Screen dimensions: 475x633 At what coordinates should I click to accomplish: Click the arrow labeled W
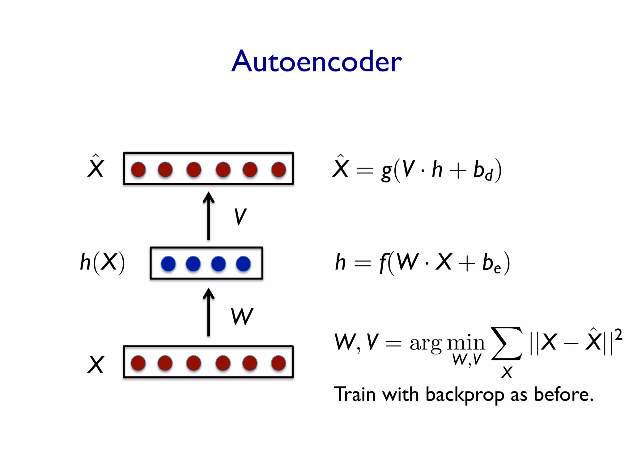click(209, 312)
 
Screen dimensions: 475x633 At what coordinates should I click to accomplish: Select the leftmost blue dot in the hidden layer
click(168, 264)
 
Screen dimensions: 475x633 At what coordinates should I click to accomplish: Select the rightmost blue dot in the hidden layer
click(243, 264)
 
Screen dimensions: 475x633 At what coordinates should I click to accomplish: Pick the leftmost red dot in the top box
click(138, 169)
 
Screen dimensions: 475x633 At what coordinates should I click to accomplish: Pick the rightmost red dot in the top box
click(278, 169)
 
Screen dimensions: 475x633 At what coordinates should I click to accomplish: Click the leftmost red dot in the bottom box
click(138, 363)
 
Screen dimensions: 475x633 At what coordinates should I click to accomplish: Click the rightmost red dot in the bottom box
click(278, 363)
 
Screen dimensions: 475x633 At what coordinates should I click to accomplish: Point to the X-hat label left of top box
click(96, 167)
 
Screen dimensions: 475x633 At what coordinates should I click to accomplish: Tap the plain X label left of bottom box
click(96, 365)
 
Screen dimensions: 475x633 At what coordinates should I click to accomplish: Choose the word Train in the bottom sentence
click(355, 395)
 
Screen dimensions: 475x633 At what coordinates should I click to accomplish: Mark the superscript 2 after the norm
click(618, 335)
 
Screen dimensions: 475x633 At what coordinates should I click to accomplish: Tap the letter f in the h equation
click(384, 263)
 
